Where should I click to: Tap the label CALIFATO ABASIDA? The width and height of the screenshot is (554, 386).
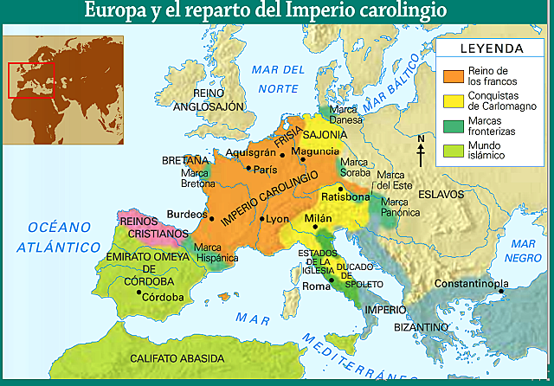coord(177,357)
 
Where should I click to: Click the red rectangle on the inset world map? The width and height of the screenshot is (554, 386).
coord(31,79)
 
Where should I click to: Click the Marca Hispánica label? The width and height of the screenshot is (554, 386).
coord(216,252)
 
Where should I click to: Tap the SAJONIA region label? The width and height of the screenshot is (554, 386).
coord(325,135)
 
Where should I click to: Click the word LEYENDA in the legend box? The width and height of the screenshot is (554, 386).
coord(491,48)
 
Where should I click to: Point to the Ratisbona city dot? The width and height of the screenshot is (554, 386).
coord(341,189)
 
